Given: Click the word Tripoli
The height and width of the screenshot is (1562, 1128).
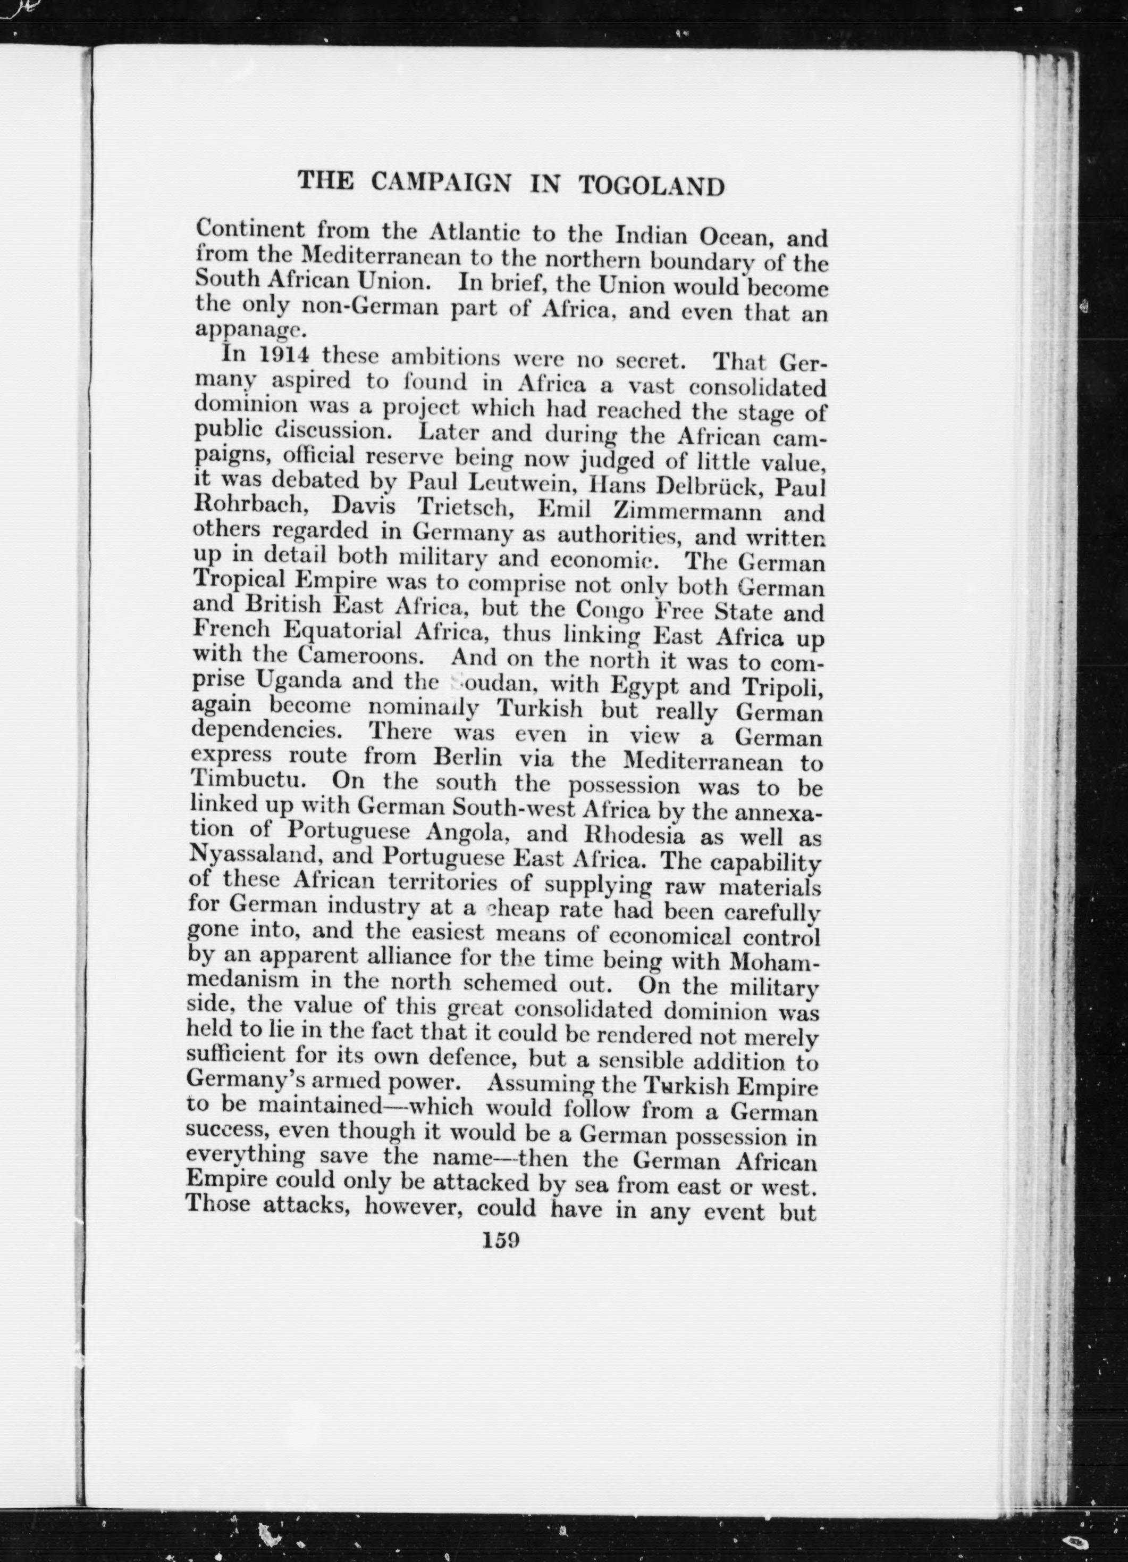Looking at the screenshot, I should click(782, 687).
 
